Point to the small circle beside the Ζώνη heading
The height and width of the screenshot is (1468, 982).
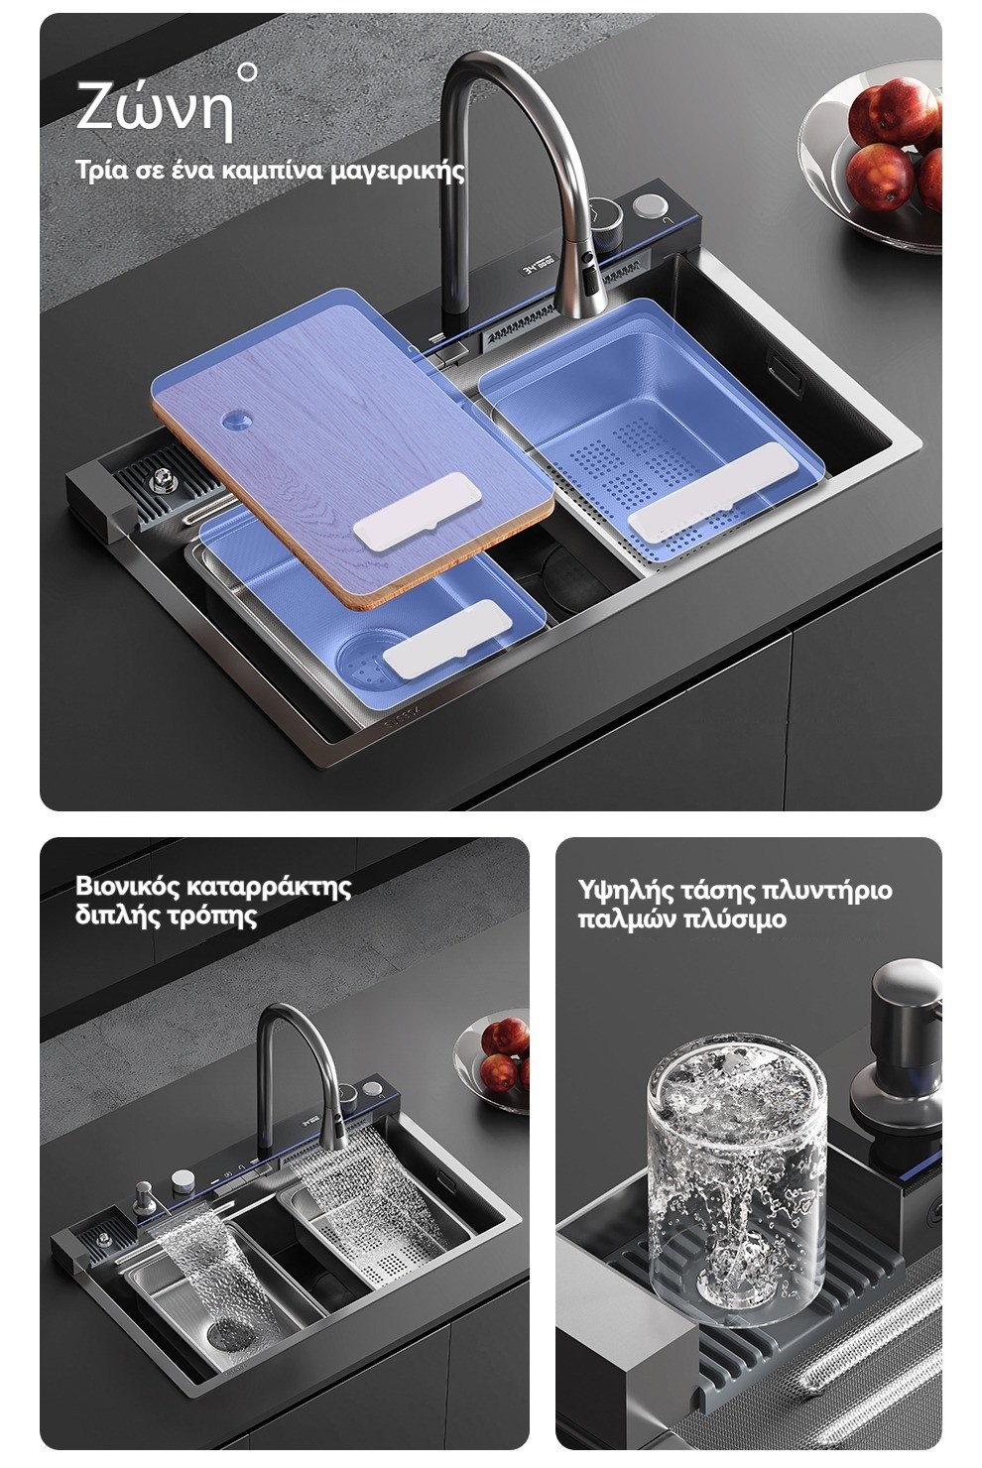(247, 72)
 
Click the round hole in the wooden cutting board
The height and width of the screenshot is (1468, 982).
(236, 420)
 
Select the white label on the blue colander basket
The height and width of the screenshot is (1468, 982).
(712, 491)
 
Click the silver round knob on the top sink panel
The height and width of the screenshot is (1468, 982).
(650, 206)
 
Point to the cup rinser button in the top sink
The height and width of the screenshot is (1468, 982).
(160, 482)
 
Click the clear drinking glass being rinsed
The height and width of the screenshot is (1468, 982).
(737, 1177)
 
